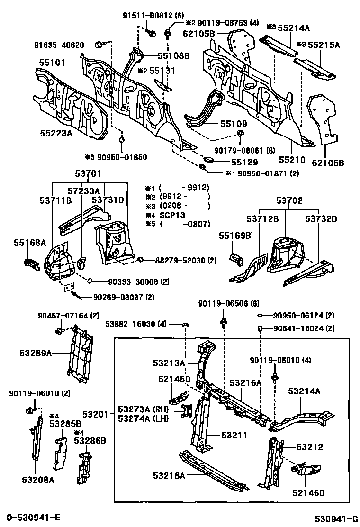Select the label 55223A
pos(56,133)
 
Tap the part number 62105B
pos(199,34)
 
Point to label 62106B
pos(328,164)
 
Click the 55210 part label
pos(292,161)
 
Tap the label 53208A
pos(38,480)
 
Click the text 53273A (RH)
pos(140,409)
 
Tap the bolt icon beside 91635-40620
pos(99,45)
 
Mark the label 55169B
pos(235,236)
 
